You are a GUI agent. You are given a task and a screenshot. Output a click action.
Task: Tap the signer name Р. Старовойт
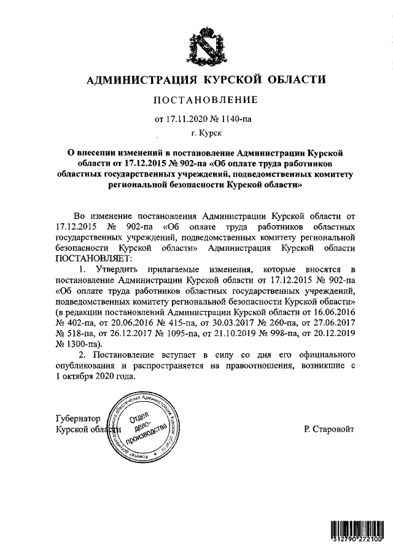coord(329,430)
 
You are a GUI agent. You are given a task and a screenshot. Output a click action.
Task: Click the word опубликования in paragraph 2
coord(85,367)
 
